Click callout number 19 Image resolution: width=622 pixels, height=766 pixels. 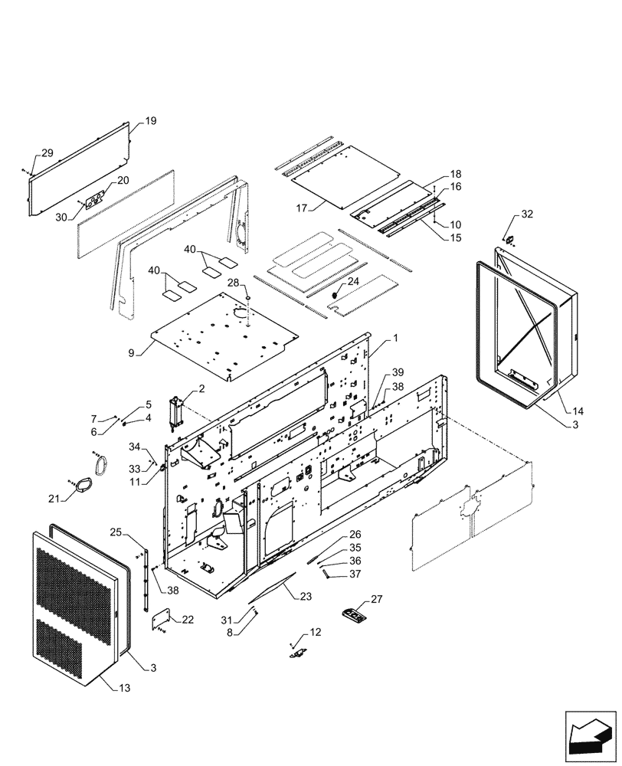tap(151, 121)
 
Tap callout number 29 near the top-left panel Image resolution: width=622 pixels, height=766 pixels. tap(47, 154)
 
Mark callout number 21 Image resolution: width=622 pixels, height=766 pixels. tap(54, 499)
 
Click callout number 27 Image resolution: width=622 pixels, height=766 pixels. tap(377, 599)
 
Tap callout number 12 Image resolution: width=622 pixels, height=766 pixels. tap(316, 632)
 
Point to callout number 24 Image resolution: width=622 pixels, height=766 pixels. tap(354, 282)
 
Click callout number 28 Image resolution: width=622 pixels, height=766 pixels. tap(233, 283)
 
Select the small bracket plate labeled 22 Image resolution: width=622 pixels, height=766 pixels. tap(162, 618)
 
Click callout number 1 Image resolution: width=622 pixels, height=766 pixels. tap(396, 338)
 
